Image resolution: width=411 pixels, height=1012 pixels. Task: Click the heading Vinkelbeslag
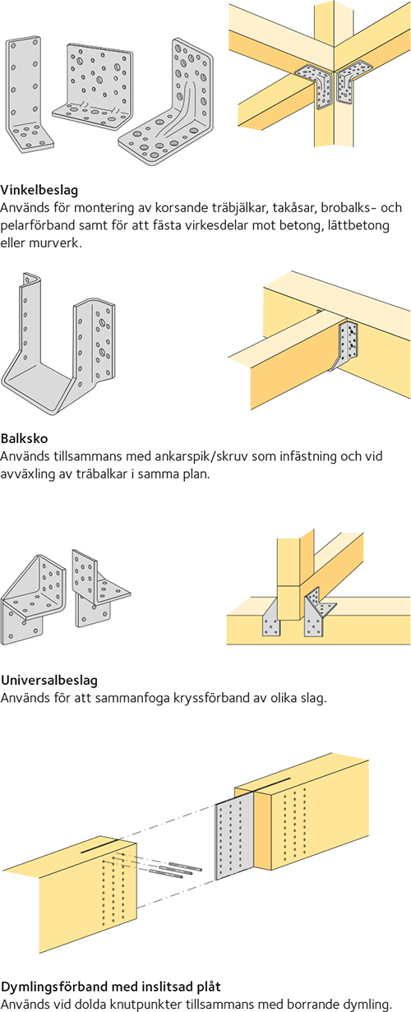pyautogui.click(x=39, y=190)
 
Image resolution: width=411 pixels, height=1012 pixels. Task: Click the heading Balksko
pyautogui.click(x=24, y=438)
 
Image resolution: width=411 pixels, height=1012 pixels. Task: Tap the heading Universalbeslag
pyautogui.click(x=49, y=680)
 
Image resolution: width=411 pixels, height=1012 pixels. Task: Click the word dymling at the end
pyautogui.click(x=367, y=1005)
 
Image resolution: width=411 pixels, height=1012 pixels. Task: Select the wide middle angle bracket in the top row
pyautogui.click(x=93, y=88)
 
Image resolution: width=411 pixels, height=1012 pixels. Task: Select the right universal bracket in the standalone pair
pyautogui.click(x=98, y=587)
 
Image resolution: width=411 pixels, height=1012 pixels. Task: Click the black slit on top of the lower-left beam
pyautogui.click(x=99, y=846)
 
